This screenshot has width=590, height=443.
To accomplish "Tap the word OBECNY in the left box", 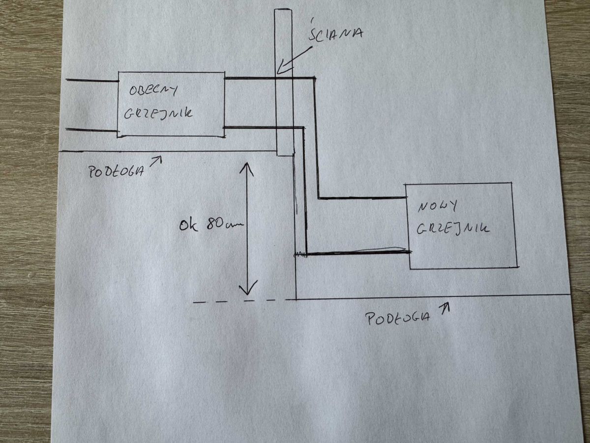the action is click(153, 91).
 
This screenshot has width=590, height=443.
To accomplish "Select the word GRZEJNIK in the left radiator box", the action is click(158, 114).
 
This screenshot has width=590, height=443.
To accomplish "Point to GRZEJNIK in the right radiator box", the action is click(453, 229).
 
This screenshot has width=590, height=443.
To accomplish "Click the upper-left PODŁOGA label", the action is click(116, 171).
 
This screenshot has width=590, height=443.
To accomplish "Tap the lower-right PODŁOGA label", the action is click(398, 319).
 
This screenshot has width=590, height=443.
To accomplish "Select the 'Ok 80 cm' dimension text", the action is click(211, 225).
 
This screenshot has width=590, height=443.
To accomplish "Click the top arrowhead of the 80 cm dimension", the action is click(247, 169).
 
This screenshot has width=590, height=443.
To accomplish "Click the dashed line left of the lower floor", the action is click(243, 301).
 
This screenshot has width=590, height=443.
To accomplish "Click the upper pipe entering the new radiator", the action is click(362, 198).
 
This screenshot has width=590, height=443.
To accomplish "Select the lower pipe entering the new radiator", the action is click(359, 253).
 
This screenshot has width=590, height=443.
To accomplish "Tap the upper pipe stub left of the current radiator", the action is click(92, 80).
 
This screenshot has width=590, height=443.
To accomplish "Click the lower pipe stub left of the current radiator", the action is click(91, 130).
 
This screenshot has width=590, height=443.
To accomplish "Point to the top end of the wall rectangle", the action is click(283, 10).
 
